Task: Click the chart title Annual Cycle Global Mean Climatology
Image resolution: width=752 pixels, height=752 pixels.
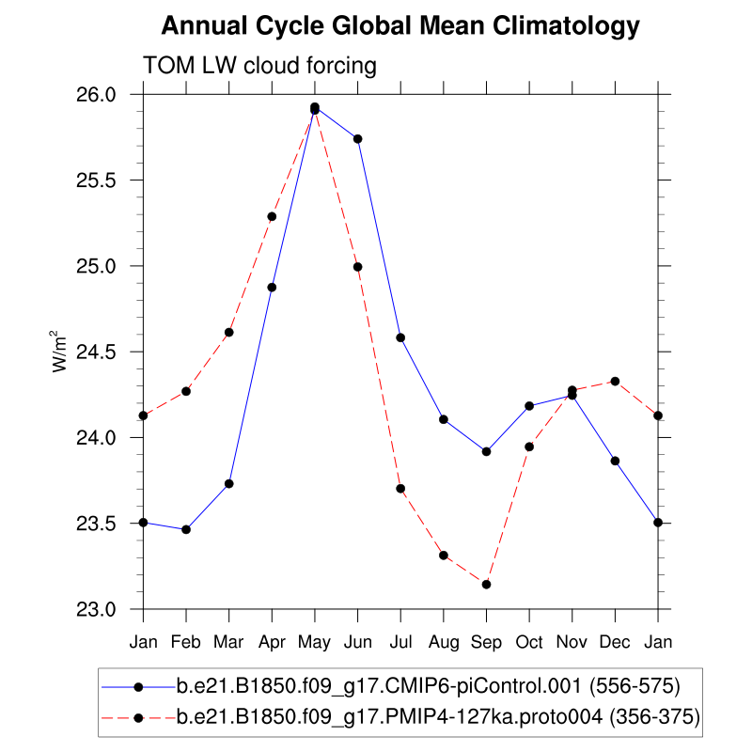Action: (x=400, y=26)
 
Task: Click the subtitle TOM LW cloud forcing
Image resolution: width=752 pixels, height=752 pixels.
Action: (x=259, y=66)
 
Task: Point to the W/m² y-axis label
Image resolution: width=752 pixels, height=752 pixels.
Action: (x=58, y=352)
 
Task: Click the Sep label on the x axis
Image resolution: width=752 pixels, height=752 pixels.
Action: (x=486, y=642)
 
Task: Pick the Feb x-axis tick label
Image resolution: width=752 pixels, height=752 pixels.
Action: (x=186, y=642)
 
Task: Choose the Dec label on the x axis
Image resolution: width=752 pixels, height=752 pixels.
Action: (x=615, y=642)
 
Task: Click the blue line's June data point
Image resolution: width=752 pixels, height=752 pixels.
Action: (x=357, y=139)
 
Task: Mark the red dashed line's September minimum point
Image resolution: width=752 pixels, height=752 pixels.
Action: (x=486, y=585)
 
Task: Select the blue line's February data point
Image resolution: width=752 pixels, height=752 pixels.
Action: (x=186, y=529)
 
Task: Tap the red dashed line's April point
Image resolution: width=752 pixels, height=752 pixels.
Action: (x=272, y=216)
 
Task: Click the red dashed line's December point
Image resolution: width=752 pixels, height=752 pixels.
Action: (x=615, y=381)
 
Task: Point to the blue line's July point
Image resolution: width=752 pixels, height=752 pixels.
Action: (x=400, y=337)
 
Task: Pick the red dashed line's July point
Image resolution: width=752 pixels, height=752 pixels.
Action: (x=400, y=488)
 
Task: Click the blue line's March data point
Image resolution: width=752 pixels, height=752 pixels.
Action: (x=228, y=483)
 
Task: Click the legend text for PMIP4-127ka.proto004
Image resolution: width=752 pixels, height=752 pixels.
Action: (x=438, y=718)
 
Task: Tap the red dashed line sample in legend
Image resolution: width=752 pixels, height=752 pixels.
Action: (x=139, y=718)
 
